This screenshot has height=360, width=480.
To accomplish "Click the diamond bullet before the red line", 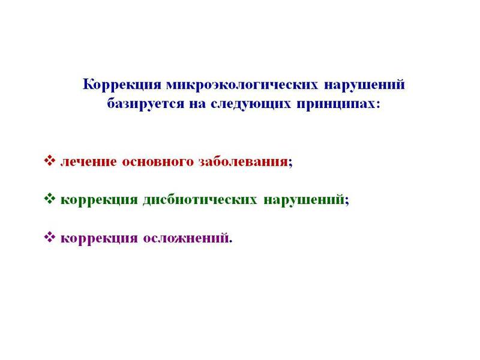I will point(50,161).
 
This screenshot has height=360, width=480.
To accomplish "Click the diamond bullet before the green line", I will point(50,199).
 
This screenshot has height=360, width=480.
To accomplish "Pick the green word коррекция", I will point(99,199).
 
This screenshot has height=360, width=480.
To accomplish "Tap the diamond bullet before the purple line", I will point(50,237).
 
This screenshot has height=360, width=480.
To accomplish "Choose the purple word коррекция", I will point(99,238).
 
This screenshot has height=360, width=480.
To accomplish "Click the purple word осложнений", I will point(185,238).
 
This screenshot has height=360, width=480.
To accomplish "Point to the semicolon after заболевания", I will point(290,163).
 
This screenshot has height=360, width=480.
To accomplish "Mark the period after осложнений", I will point(230,241).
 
